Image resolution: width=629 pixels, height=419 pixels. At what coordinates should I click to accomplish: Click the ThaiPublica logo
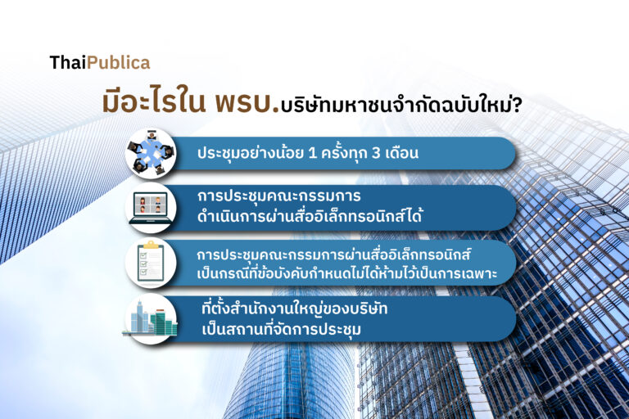(x=100, y=62)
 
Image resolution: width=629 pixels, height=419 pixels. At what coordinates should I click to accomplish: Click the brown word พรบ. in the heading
(x=247, y=102)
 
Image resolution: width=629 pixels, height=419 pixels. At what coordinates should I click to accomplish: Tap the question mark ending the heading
(x=518, y=106)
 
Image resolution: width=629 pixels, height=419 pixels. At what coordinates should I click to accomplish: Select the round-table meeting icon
(x=151, y=154)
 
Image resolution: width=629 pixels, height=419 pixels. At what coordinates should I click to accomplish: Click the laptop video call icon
(x=151, y=208)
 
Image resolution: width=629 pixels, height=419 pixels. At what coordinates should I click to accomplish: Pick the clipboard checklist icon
(x=151, y=263)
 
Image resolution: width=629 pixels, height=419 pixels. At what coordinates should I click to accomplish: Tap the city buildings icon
(x=151, y=319)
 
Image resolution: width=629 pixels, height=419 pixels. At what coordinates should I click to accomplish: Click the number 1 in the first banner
(x=313, y=153)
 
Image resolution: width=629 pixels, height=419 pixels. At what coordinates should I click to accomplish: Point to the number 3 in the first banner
(x=376, y=153)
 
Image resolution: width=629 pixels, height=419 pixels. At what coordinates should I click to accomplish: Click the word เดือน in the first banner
(x=401, y=153)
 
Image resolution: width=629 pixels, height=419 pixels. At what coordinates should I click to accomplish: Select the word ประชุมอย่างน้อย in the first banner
(x=251, y=153)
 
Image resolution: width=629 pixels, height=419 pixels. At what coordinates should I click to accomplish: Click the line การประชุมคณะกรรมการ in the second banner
(x=278, y=196)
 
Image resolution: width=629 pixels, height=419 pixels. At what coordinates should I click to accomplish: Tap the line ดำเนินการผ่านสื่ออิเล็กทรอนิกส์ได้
(x=310, y=217)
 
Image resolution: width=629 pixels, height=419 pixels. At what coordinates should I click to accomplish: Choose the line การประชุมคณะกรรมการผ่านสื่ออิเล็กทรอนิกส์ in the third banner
(x=334, y=255)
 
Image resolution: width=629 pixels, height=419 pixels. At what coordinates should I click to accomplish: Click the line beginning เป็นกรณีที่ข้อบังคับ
(x=347, y=273)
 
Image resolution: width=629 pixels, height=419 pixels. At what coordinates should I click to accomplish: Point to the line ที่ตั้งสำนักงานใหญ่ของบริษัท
(x=295, y=309)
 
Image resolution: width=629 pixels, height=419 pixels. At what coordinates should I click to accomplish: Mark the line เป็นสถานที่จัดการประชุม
(x=281, y=330)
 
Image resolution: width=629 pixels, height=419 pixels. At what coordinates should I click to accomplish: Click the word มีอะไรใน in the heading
(x=154, y=102)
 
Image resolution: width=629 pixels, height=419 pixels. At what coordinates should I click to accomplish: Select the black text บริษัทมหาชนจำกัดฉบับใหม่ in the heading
(x=396, y=106)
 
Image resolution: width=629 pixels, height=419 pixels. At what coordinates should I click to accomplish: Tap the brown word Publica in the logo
(x=118, y=62)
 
